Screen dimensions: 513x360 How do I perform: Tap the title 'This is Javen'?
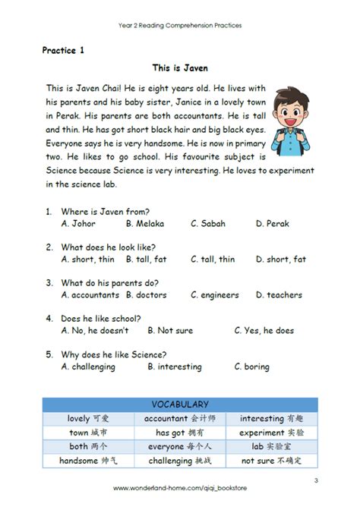(x=180, y=68)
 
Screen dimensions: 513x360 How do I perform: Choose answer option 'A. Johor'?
(x=79, y=223)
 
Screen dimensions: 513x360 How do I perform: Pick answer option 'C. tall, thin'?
(x=213, y=259)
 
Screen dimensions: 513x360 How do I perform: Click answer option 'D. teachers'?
(x=279, y=294)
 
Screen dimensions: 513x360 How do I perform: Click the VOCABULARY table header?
(x=180, y=404)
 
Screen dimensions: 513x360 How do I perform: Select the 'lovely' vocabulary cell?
(x=89, y=418)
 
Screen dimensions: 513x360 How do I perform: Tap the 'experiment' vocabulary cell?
(x=272, y=432)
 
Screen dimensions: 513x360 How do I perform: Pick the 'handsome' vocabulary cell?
(x=89, y=461)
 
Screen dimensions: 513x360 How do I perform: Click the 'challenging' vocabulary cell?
(x=180, y=461)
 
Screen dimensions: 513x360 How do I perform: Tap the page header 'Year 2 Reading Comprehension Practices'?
(x=180, y=25)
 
